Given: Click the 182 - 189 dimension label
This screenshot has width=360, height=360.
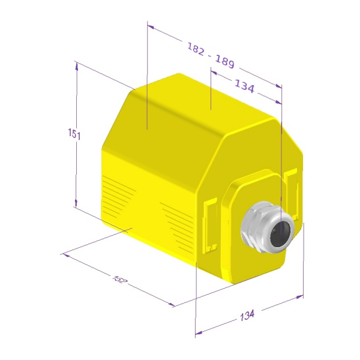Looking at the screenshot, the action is (x=211, y=55).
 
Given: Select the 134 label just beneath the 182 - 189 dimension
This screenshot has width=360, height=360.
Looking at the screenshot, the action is (x=245, y=86).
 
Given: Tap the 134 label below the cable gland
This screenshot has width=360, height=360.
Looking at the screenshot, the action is (x=247, y=315).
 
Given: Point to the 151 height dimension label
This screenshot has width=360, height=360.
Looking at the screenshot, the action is (x=74, y=134).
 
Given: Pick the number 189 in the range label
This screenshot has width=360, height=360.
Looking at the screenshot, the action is (x=225, y=62).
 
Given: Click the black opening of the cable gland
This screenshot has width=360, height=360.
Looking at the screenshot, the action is (x=280, y=234).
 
